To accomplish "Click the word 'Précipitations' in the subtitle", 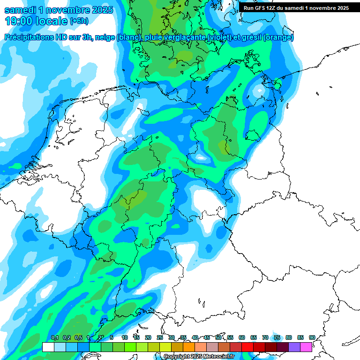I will point(28,37).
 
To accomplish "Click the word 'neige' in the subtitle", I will point(104,37).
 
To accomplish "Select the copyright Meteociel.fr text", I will point(199,357).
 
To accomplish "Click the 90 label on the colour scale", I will point(312,337).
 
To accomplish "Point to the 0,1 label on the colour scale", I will point(54,337).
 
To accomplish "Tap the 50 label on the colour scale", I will point(218,337).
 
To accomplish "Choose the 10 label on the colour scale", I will point(125,337).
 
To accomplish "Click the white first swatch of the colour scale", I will point(48,347).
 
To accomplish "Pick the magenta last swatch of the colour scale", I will point(306,347).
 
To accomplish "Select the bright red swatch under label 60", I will point(236,347).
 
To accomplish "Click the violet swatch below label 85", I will point(294,347).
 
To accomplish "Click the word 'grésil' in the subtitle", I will point(250,37).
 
